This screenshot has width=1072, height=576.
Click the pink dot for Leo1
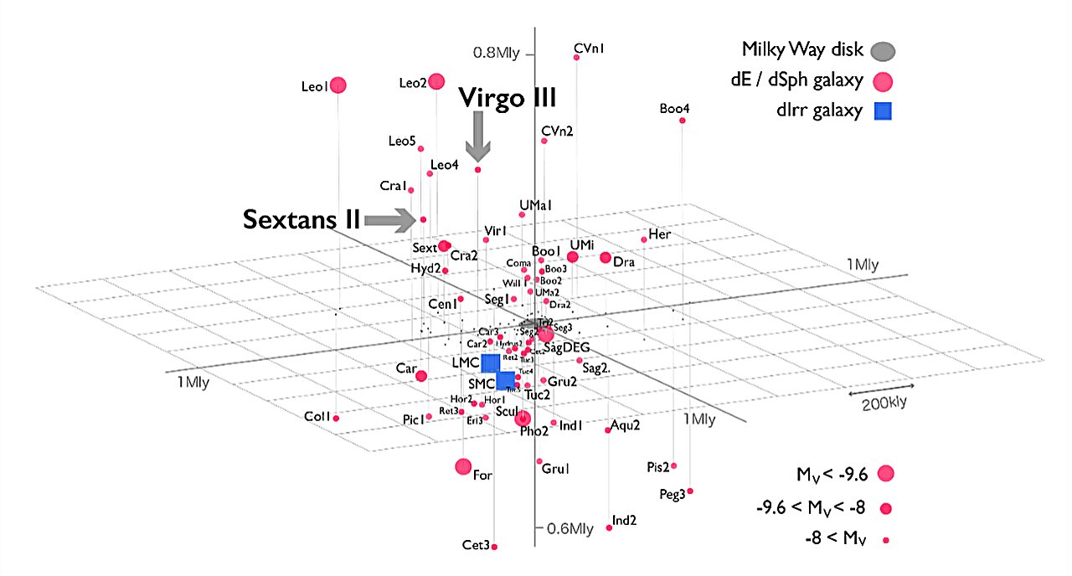pyautogui.click(x=338, y=85)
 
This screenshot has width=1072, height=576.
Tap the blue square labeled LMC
pyautogui.click(x=490, y=363)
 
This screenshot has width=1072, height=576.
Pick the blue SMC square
pyautogui.click(x=506, y=381)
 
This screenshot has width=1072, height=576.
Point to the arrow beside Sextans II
pyautogui.click(x=391, y=219)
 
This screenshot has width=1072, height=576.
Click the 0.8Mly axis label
pyautogui.click(x=497, y=54)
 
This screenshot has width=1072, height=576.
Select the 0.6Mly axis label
pyautogui.click(x=570, y=528)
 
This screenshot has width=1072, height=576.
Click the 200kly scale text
pyautogui.click(x=884, y=404)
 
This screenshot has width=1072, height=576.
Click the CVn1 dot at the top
pyautogui.click(x=576, y=57)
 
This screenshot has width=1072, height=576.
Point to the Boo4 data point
pyautogui.click(x=683, y=121)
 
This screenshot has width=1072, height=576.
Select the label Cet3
pyautogui.click(x=475, y=545)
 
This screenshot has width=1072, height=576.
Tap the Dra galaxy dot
pyautogui.click(x=606, y=257)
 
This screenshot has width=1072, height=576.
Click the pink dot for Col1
pyautogui.click(x=336, y=418)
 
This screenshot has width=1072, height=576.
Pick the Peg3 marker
pyautogui.click(x=690, y=491)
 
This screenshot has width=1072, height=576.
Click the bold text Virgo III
pyautogui.click(x=507, y=97)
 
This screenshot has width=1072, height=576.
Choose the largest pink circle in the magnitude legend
pyautogui.click(x=885, y=474)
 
